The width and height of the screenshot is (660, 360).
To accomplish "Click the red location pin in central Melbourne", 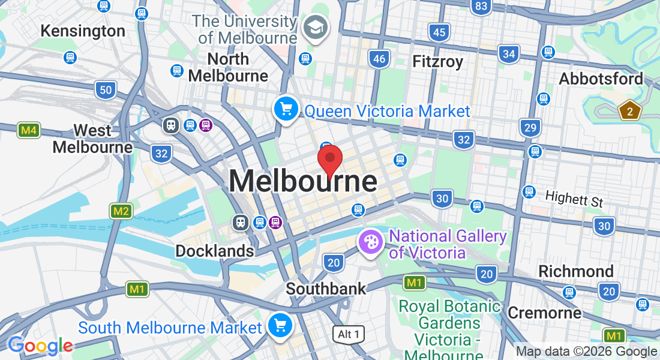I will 329,160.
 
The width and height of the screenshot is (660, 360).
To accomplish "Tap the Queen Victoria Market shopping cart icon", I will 286,109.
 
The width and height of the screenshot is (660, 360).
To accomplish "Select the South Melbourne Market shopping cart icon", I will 280,325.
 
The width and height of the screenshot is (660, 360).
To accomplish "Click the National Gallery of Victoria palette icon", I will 371,242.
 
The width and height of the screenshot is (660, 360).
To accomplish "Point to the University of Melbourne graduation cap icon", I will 314,27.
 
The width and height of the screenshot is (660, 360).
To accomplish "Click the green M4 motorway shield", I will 28,130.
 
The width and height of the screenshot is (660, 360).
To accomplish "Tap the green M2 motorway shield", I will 121,211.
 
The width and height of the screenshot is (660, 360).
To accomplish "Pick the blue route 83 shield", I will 481,7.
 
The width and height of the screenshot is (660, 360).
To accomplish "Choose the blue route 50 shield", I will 106,91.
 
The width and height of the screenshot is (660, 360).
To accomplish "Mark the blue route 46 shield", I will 379,58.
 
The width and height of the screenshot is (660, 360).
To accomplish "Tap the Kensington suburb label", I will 83,31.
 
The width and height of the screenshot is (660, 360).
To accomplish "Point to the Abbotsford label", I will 601,79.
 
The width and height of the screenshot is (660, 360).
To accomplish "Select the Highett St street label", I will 574,198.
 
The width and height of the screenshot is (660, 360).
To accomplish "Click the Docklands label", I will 214,251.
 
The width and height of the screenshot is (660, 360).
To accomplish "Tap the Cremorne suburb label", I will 544,313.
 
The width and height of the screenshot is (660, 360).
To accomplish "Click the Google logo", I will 40,346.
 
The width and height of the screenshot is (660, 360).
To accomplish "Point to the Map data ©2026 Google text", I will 586,352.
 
